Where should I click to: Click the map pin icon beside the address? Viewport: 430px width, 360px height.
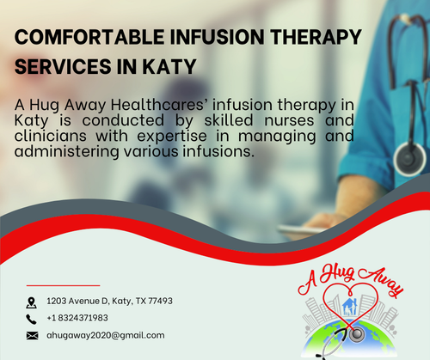click(32, 302)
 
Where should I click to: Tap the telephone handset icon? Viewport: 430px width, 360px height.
click(32, 318)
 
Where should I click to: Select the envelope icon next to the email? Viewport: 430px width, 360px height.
click(32, 334)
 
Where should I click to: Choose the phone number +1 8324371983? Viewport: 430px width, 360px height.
click(83, 318)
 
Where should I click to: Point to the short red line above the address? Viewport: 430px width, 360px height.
click(63, 284)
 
